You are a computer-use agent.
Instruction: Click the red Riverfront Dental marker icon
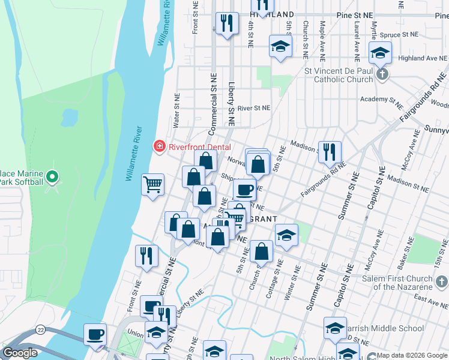point(159,146)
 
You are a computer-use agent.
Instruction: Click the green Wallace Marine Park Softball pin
point(52,177)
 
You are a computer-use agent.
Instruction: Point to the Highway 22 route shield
point(40,329)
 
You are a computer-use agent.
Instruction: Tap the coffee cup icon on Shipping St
point(244,190)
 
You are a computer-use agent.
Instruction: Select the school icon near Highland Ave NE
point(379,53)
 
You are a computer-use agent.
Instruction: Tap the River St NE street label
point(254,108)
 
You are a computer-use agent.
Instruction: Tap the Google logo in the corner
point(20,353)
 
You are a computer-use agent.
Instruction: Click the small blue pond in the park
point(70,116)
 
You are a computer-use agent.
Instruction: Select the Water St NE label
point(176,112)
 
